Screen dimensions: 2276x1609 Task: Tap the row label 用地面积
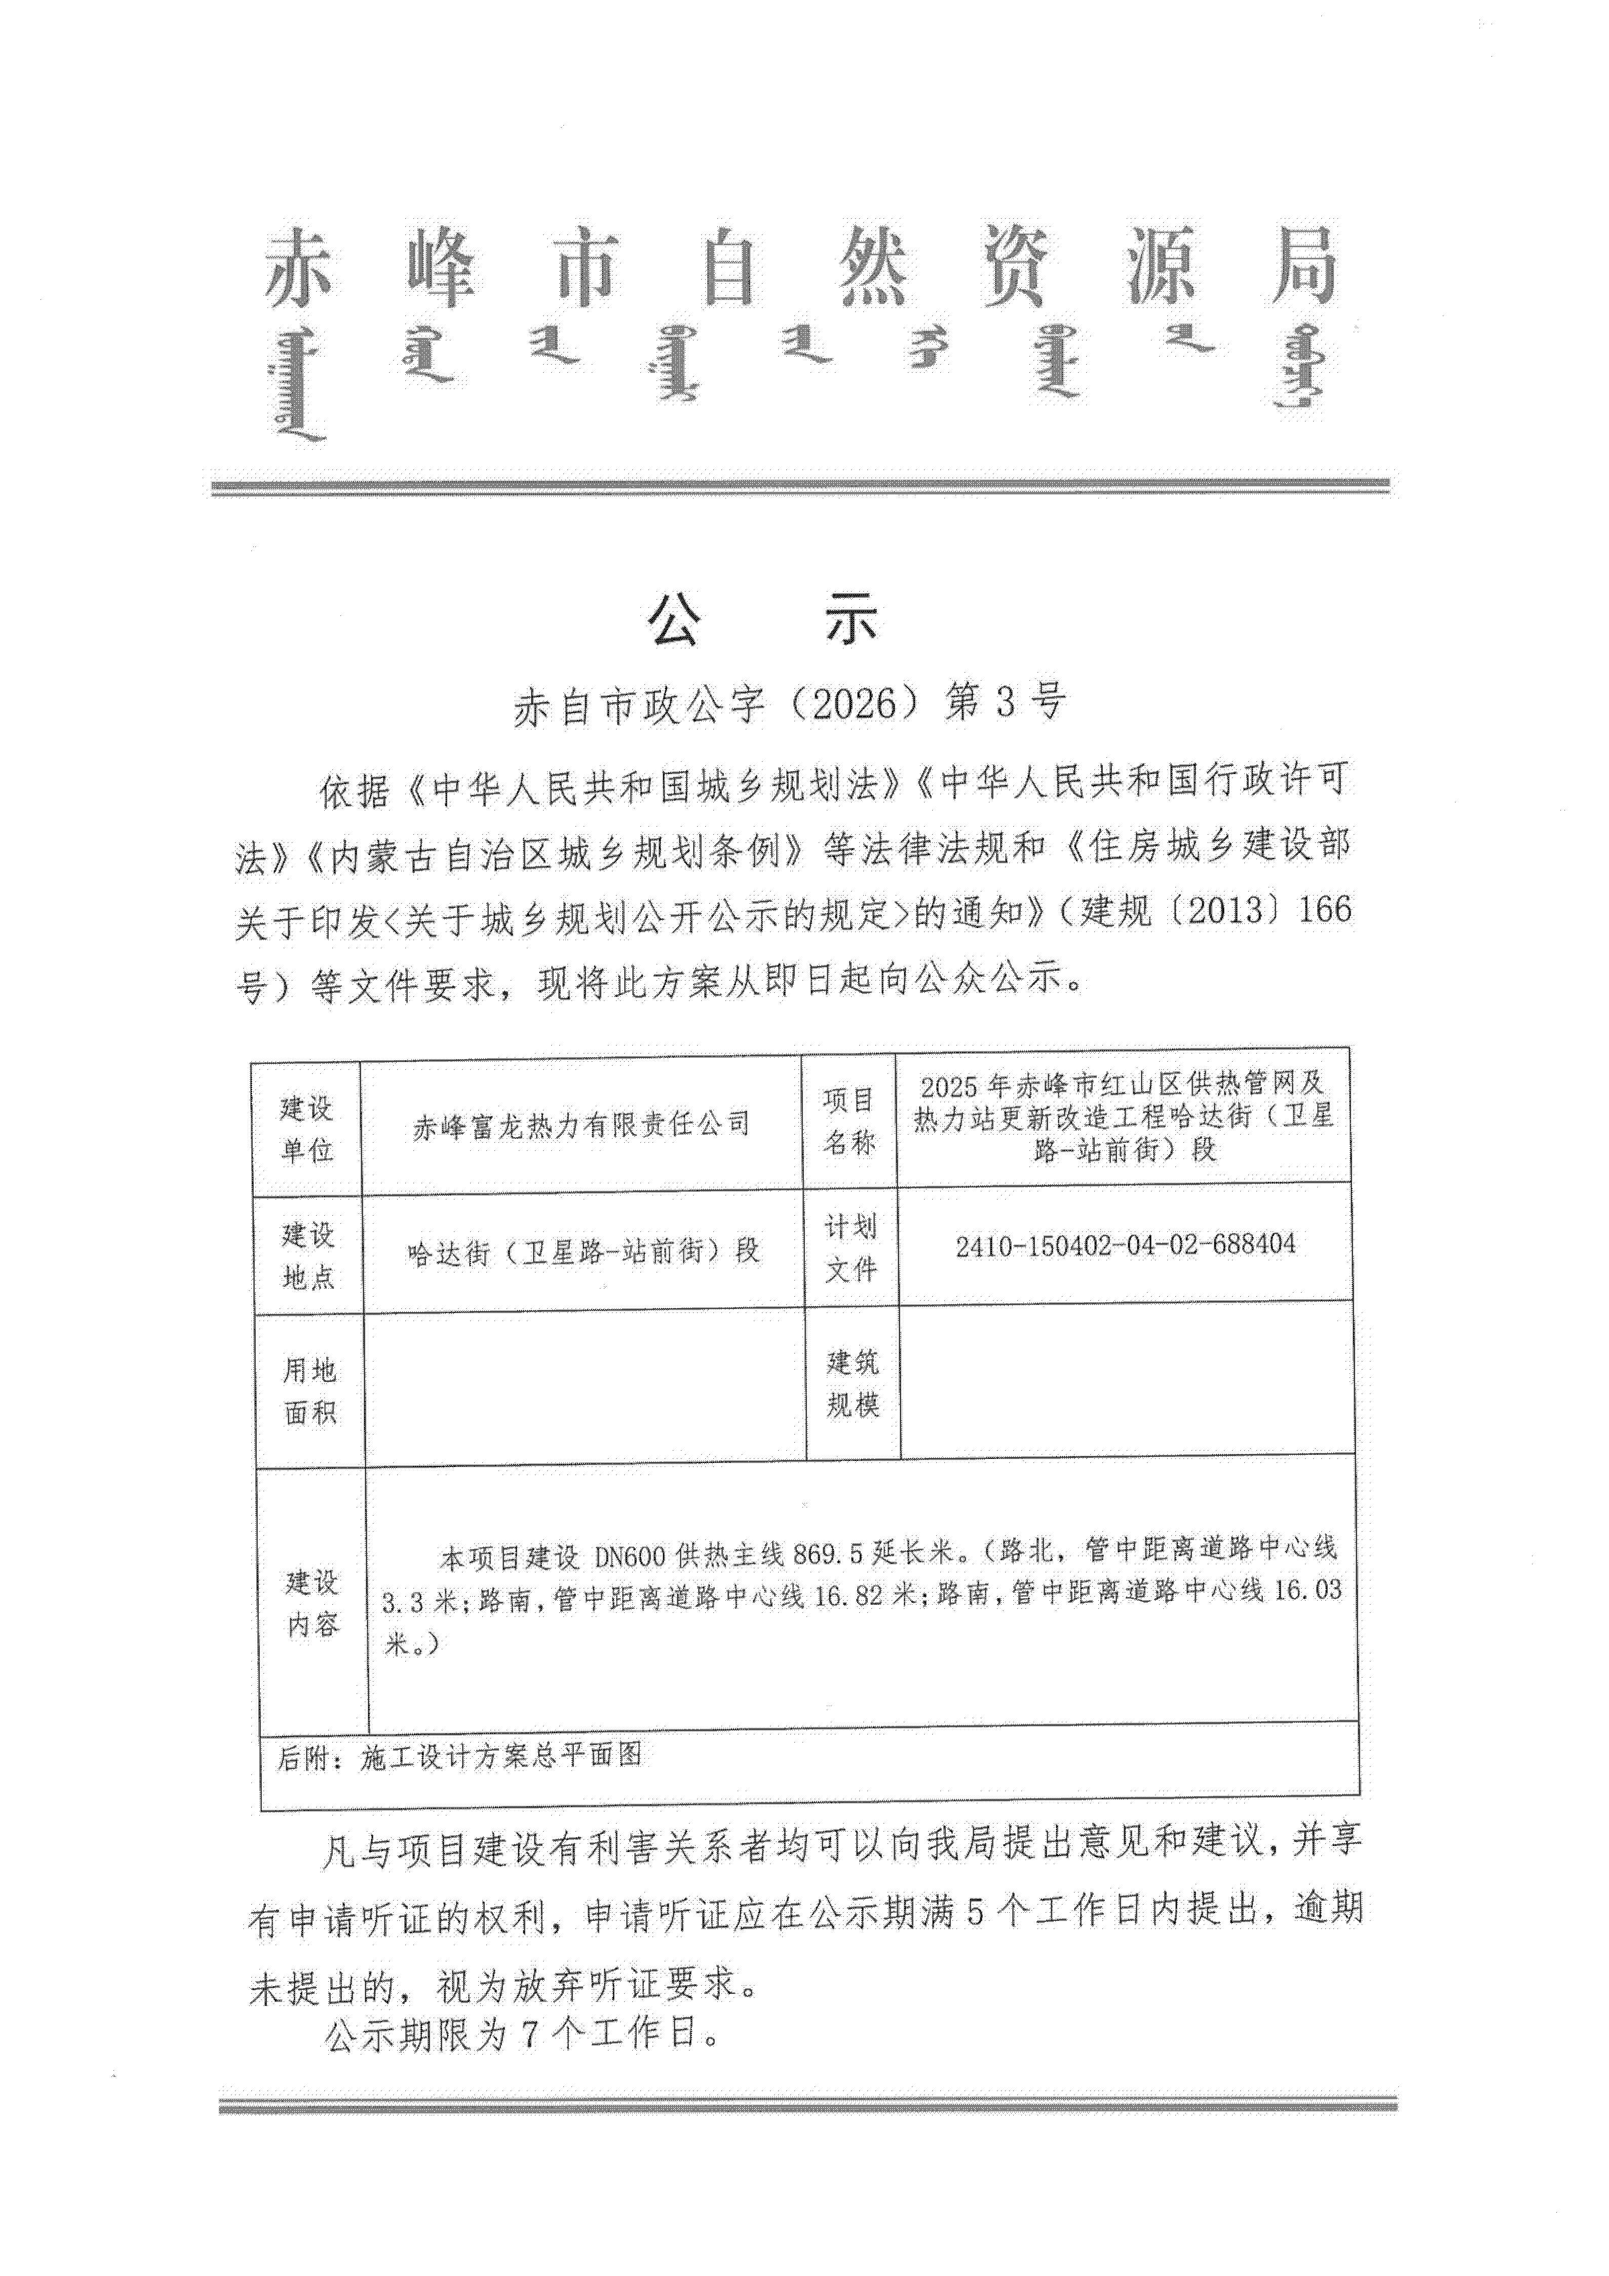click(311, 1391)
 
